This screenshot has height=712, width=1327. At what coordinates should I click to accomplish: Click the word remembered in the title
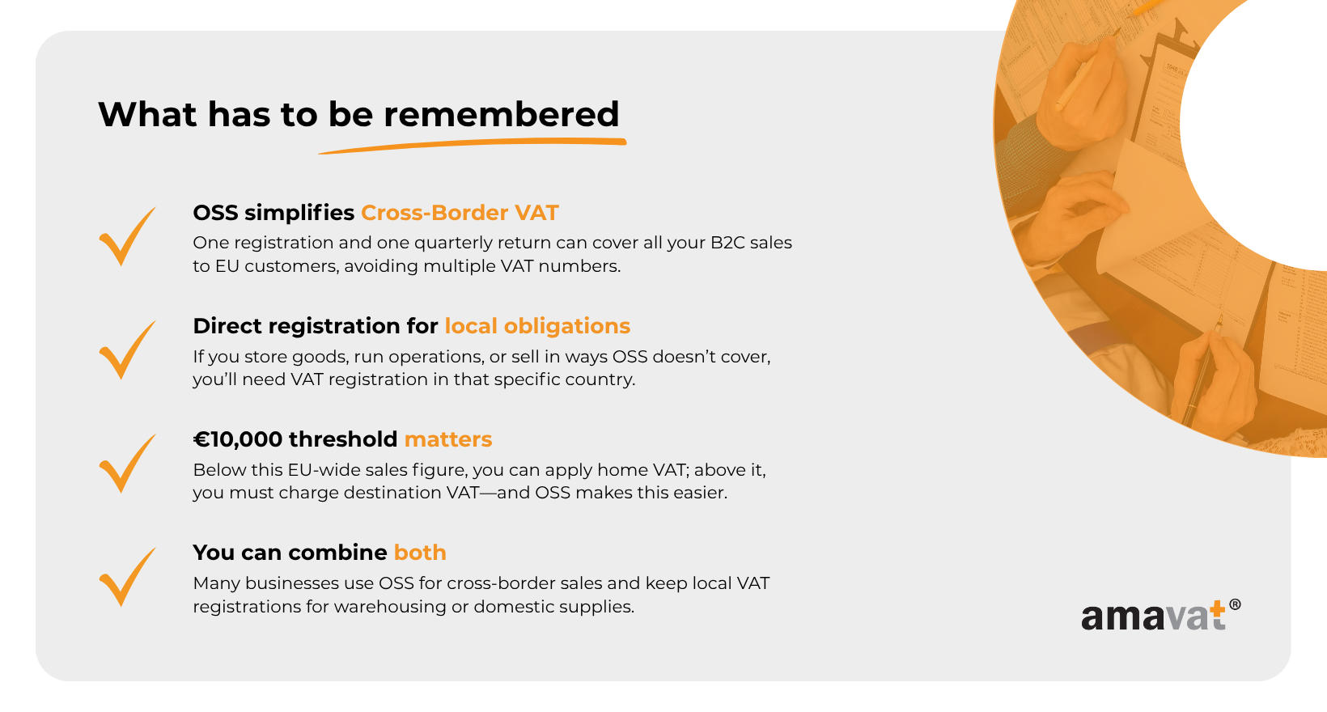click(x=501, y=114)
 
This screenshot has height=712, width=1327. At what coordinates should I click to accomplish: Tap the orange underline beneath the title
click(x=473, y=145)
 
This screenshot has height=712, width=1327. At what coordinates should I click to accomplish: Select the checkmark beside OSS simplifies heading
click(x=127, y=235)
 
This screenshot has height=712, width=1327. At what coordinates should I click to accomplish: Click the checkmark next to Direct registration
click(x=127, y=350)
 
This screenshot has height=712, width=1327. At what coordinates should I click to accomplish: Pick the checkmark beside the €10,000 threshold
click(x=127, y=464)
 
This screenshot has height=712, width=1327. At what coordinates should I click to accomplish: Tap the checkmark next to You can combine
click(x=127, y=576)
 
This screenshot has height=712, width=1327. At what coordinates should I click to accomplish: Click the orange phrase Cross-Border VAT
click(x=460, y=213)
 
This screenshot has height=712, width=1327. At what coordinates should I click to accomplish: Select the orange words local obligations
click(x=537, y=326)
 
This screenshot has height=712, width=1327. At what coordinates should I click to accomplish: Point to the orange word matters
click(x=448, y=439)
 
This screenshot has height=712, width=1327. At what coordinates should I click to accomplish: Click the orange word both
click(x=420, y=552)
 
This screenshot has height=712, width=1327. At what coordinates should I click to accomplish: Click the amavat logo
click(x=1160, y=615)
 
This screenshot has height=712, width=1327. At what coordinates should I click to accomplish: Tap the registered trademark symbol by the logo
click(x=1236, y=604)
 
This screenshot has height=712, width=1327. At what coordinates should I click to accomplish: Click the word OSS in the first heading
click(x=215, y=213)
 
